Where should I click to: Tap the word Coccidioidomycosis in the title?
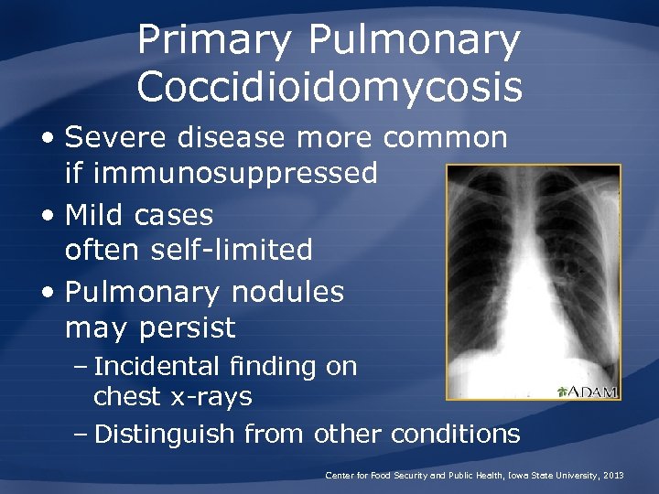point(329,88)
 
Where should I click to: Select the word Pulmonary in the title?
point(415,41)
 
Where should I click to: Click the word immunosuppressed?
point(221,172)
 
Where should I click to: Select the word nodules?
point(288,293)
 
